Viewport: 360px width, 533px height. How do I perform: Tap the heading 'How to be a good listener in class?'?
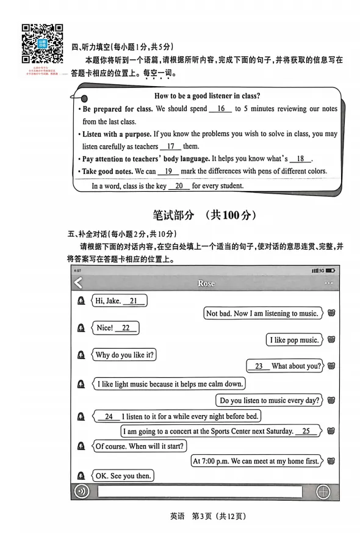(207, 96)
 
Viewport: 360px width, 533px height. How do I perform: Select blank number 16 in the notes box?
(220, 109)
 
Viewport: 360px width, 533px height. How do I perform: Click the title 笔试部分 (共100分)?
(204, 215)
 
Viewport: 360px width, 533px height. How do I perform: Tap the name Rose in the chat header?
(206, 283)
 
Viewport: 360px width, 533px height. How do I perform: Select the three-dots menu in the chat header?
(329, 283)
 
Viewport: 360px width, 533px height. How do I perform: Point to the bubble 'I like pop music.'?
(294, 340)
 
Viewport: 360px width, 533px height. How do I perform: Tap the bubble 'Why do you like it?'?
(124, 355)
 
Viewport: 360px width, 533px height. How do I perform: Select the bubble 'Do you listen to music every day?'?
(269, 401)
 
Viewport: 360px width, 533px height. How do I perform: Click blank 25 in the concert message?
(306, 431)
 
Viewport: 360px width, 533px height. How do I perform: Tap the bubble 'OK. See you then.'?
(123, 476)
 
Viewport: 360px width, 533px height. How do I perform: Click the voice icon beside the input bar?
(81, 491)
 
